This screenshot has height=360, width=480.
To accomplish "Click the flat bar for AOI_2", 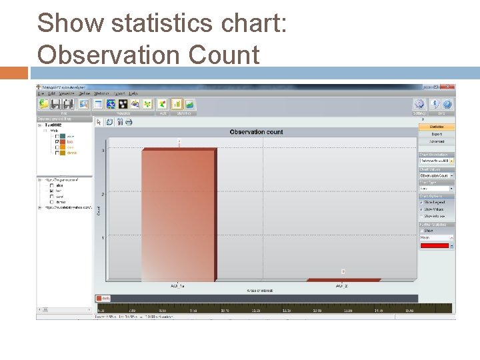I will click(x=343, y=280).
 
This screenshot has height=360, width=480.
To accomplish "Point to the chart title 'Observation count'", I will click(x=256, y=132).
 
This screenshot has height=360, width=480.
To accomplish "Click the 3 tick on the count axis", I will click(x=103, y=151).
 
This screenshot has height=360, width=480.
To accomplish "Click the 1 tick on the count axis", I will click(x=103, y=238).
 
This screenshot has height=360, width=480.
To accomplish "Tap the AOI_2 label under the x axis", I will click(x=341, y=286).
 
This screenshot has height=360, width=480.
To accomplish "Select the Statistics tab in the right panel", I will click(x=437, y=127).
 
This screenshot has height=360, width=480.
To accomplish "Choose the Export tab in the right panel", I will click(x=437, y=134).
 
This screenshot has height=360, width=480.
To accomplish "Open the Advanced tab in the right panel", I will click(x=437, y=141).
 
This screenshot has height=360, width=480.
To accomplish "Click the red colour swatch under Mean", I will click(x=434, y=246).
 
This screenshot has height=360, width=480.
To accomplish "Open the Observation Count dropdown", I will click(x=437, y=175).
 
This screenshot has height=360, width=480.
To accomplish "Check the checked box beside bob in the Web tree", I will click(x=56, y=142).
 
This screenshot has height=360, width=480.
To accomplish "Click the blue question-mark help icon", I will click(x=447, y=104).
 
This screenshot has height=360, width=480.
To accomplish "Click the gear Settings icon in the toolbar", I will click(x=419, y=104).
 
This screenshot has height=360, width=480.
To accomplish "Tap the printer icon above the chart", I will click(x=129, y=122).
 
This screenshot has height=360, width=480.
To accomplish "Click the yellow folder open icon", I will click(x=43, y=104).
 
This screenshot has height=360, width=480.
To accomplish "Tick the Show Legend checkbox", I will click(x=421, y=203).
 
